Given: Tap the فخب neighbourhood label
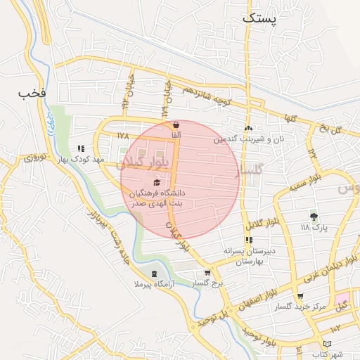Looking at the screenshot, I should tap(32, 92).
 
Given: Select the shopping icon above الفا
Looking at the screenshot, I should tap(175, 125).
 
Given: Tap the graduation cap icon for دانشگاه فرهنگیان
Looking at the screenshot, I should tap(156, 182).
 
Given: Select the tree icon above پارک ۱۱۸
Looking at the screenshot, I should tap(314, 217).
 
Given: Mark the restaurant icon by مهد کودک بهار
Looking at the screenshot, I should tap(81, 148).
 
